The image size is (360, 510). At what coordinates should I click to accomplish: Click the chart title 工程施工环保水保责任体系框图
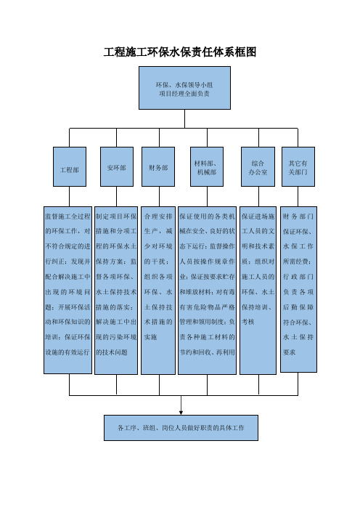pyautogui.click(x=180, y=52)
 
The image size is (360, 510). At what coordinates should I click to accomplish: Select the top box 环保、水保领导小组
pyautogui.click(x=184, y=88)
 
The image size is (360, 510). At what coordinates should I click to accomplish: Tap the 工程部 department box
pyautogui.click(x=70, y=166)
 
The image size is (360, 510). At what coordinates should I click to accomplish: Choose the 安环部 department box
pyautogui.click(x=117, y=166)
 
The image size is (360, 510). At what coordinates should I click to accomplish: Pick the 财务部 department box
pyautogui.click(x=158, y=166)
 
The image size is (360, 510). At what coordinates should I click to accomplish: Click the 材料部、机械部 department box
pyautogui.click(x=207, y=166)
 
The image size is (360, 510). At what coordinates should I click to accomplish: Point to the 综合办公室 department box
pyautogui.click(x=258, y=166)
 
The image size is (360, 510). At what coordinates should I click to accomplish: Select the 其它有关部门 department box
pyautogui.click(x=298, y=166)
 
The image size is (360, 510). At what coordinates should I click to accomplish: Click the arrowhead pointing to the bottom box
pyautogui.click(x=181, y=413)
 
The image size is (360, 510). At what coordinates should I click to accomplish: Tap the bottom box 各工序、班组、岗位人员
pyautogui.click(x=181, y=428)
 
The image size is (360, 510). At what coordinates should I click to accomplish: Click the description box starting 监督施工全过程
pyautogui.click(x=68, y=290)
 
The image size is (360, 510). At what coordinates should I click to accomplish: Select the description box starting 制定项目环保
pyautogui.click(x=116, y=290)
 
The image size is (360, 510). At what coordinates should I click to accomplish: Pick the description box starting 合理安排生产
pyautogui.click(x=158, y=290)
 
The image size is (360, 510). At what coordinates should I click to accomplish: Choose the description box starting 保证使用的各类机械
pyautogui.click(x=208, y=290)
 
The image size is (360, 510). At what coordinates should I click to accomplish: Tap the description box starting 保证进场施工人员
pyautogui.click(x=258, y=290)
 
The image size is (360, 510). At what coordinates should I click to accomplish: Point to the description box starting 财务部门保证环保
pyautogui.click(x=298, y=289)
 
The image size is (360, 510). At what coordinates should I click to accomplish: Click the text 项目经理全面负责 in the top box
pyautogui.click(x=184, y=94)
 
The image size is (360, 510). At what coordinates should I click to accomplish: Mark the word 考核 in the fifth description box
pyautogui.click(x=248, y=322)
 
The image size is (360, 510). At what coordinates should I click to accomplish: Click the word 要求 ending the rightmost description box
pyautogui.click(x=289, y=352)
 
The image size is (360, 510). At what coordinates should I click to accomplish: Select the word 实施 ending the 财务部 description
pyautogui.click(x=150, y=337)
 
